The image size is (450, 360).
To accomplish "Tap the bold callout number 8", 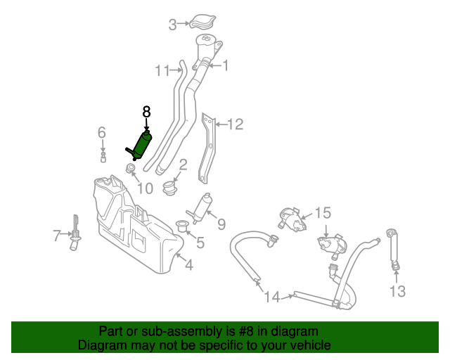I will (146, 111).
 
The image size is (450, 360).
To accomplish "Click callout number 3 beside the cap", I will (172, 26).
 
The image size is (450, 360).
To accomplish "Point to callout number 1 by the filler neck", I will (226, 66).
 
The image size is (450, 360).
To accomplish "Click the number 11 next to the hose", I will (162, 70).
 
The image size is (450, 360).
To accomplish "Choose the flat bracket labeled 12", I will (209, 148).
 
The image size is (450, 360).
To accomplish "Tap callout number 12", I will (235, 124).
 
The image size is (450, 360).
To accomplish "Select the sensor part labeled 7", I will (73, 235).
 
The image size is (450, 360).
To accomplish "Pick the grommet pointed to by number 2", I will (169, 188).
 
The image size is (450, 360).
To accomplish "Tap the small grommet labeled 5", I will (181, 226).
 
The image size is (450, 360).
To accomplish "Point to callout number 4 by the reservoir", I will (188, 265).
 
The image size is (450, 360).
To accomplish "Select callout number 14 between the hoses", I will (271, 297).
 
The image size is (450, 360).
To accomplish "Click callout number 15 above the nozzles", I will (322, 212).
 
